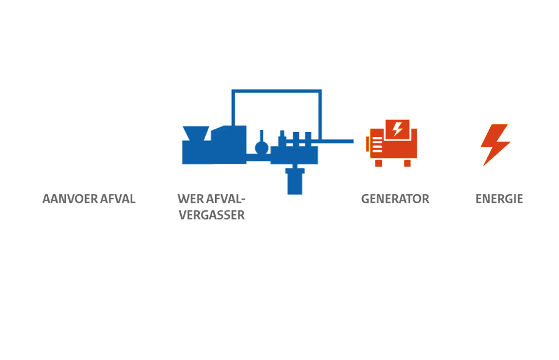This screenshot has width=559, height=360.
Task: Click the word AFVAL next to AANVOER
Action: (118, 199)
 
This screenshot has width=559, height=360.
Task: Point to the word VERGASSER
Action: (212, 216)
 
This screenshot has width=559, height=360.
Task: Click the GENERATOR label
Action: (395, 199)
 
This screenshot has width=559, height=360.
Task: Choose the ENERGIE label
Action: (499, 199)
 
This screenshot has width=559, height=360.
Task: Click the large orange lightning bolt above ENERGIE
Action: (495, 144)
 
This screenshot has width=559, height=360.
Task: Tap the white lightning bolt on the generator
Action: (398, 129)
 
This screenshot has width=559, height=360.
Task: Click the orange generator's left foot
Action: (378, 163)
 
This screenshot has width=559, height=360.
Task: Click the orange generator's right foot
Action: (407, 163)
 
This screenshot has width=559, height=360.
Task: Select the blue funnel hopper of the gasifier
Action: (195, 135)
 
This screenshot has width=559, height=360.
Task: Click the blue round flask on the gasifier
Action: (262, 148)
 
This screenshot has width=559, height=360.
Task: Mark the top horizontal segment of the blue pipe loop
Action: (276, 91)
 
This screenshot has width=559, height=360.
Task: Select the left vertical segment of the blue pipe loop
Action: (233, 108)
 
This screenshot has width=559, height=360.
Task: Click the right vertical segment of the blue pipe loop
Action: (320, 114)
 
